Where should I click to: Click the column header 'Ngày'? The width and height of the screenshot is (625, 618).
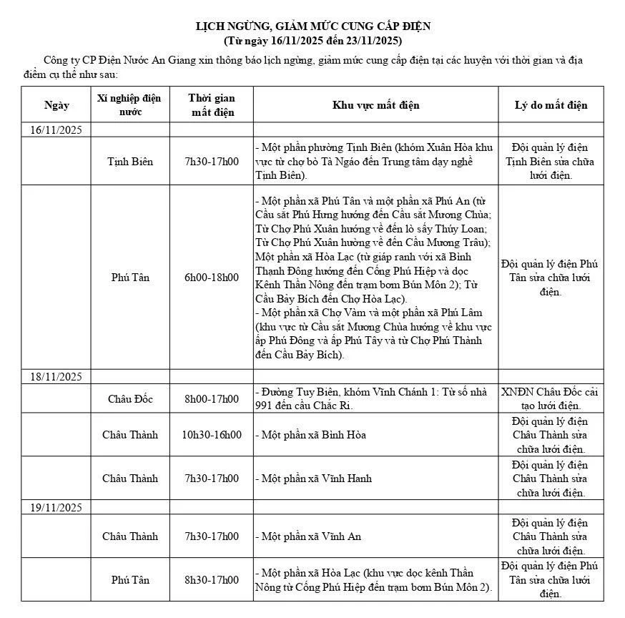pyautogui.click(x=56, y=105)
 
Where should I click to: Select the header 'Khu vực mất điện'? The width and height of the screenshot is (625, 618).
pyautogui.click(x=375, y=105)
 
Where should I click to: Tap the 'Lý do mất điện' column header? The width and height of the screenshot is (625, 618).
pyautogui.click(x=551, y=105)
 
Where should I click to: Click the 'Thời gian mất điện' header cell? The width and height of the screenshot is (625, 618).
pyautogui.click(x=212, y=105)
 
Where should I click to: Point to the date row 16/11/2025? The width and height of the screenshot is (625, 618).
pyautogui.click(x=56, y=130)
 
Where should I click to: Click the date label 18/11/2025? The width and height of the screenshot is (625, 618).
pyautogui.click(x=56, y=377)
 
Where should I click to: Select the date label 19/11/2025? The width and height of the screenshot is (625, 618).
pyautogui.click(x=56, y=507)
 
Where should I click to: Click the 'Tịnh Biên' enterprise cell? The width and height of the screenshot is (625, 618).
pyautogui.click(x=129, y=162)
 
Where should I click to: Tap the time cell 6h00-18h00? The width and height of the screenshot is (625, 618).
pyautogui.click(x=212, y=278)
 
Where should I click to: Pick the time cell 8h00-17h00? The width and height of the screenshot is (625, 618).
pyautogui.click(x=212, y=399)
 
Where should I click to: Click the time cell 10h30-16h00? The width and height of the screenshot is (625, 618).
pyautogui.click(x=212, y=435)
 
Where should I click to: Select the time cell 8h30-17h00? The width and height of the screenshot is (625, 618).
pyautogui.click(x=212, y=580)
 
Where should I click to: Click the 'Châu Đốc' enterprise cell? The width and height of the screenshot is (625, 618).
pyautogui.click(x=129, y=399)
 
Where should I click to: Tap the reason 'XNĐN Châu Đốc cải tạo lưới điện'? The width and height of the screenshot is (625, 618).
pyautogui.click(x=551, y=399)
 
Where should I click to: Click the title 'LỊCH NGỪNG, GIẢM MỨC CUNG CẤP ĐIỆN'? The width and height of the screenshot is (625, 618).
pyautogui.click(x=313, y=27)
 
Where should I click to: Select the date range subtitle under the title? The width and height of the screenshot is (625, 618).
pyautogui.click(x=313, y=40)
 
